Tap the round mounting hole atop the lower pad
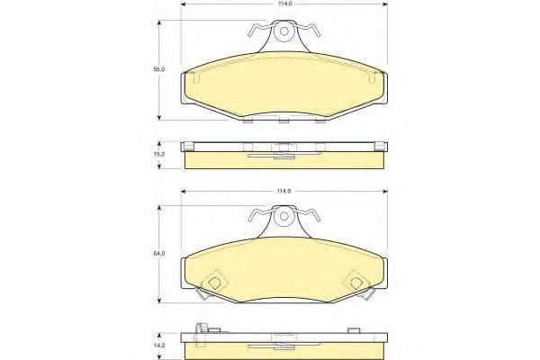click(x=283, y=217)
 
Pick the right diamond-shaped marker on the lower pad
click(x=356, y=283)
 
